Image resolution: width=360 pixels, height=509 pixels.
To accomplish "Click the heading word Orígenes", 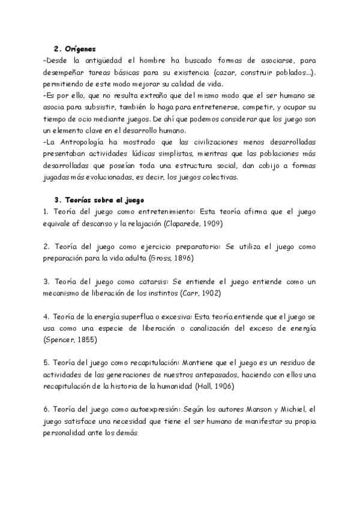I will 80,49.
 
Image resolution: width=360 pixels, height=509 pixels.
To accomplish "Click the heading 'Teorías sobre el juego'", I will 104,199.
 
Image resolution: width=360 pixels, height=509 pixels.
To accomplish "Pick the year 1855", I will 87,340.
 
